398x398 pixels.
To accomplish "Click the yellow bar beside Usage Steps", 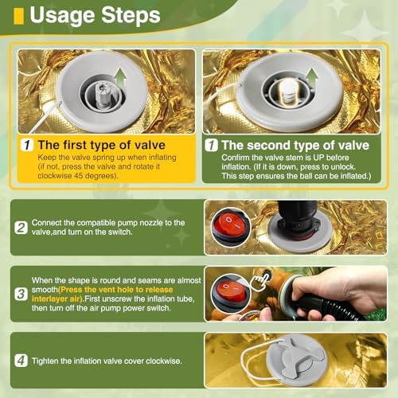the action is (18, 16).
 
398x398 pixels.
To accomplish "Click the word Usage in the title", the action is (62, 16).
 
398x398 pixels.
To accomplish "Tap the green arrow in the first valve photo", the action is (120, 77).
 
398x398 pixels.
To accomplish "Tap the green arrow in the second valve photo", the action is (311, 76).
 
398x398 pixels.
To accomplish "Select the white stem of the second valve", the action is (287, 92).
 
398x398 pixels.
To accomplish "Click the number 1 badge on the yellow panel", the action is (27, 145).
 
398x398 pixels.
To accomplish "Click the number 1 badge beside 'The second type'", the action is (211, 145).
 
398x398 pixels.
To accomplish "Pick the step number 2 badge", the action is (21, 228).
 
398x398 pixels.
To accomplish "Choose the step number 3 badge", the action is (21, 294).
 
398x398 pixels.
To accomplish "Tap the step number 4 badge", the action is (21, 361).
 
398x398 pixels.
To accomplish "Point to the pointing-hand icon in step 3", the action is (260, 279).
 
